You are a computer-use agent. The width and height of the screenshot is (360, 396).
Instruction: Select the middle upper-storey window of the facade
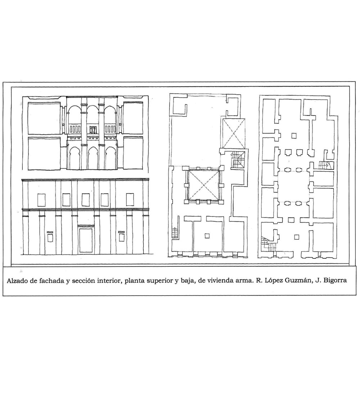[85, 200]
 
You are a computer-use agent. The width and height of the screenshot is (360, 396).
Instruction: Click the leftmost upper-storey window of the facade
[41, 200]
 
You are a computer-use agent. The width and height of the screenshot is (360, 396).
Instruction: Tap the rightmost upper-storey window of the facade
[130, 200]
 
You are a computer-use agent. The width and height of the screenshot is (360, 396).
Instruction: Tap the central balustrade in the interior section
[93, 130]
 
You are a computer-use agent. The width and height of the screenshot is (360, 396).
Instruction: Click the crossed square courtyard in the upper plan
[204, 186]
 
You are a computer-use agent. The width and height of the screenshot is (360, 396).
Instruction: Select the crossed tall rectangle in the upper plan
[234, 133]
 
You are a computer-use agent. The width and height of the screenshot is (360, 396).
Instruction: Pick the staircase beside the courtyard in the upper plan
[238, 159]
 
